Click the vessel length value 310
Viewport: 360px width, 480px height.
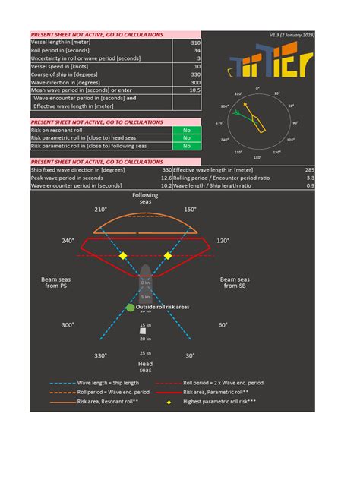195,43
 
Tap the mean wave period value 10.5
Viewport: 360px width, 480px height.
194,90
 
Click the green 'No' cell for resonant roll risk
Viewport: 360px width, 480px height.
186,130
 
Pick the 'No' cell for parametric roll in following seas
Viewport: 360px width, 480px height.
186,146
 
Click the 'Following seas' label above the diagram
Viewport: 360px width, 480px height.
145,198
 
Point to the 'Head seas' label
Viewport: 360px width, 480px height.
145,368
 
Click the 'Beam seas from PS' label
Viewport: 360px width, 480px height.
55,283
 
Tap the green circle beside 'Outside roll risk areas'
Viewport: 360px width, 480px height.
130,308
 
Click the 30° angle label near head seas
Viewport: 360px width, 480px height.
191,355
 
